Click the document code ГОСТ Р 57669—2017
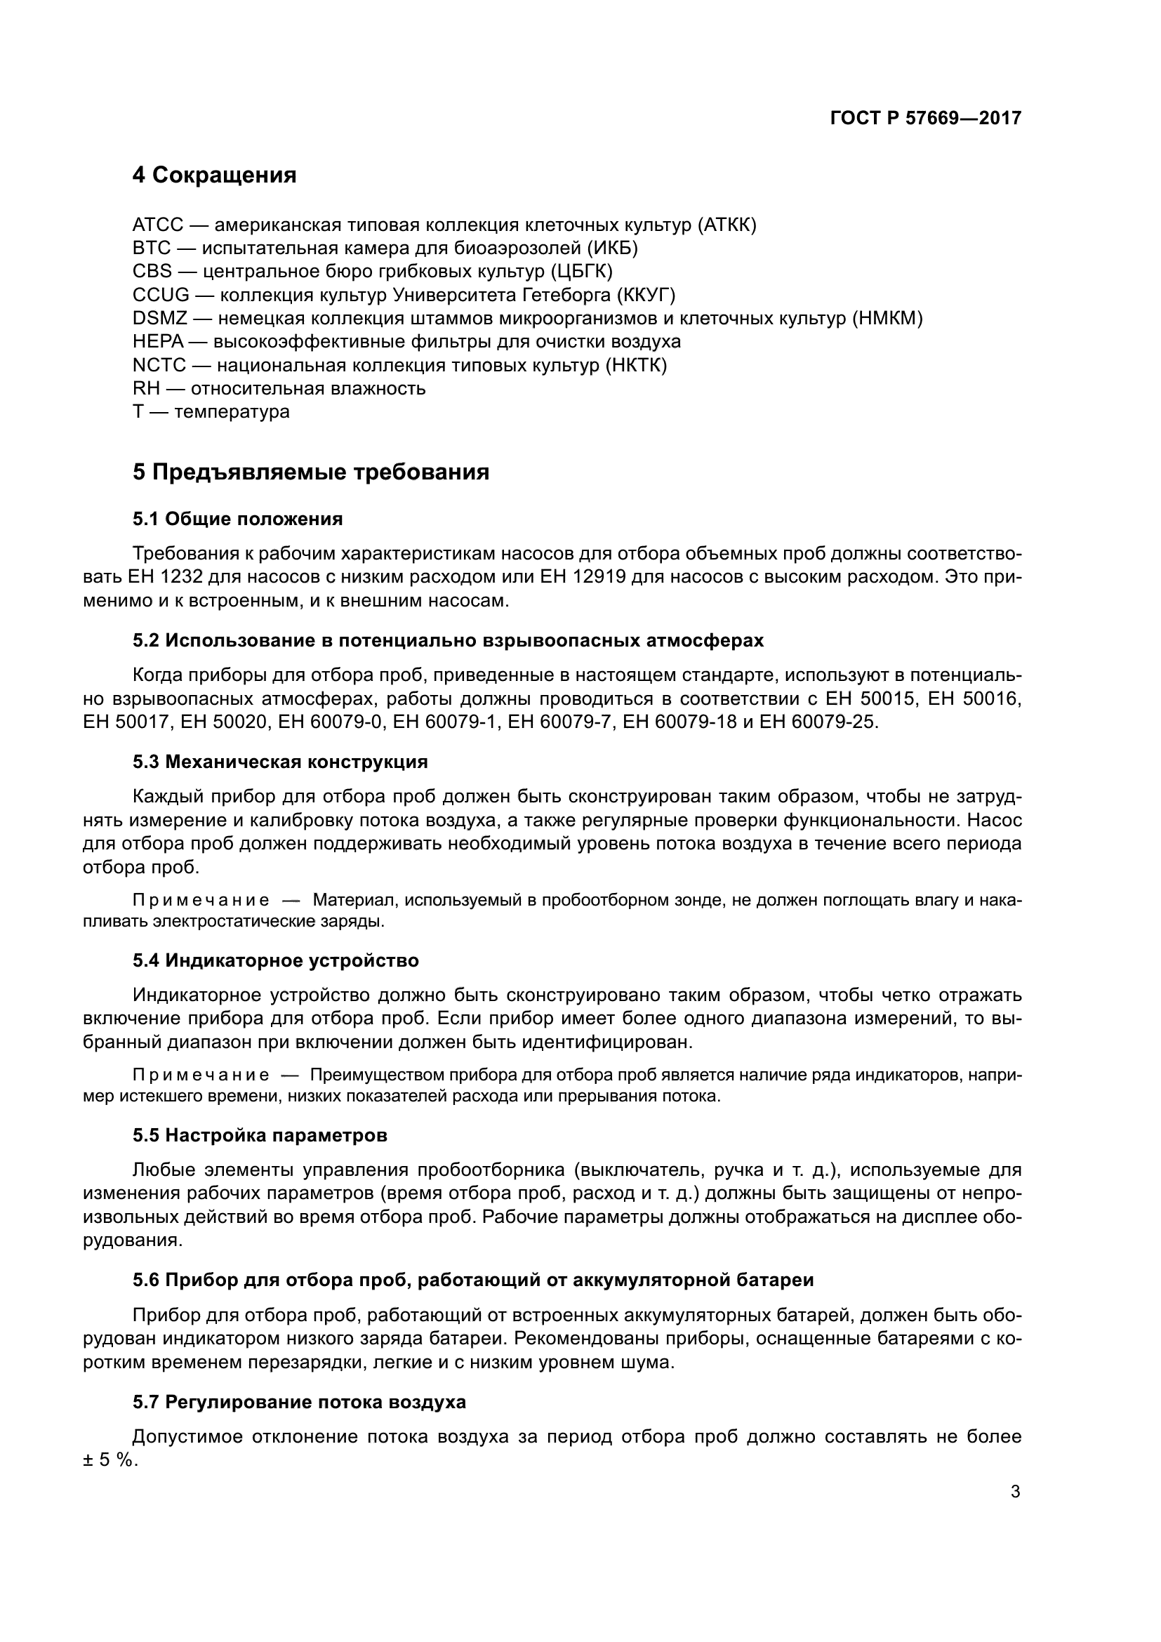click(925, 118)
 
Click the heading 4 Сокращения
click(215, 175)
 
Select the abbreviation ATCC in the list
click(158, 225)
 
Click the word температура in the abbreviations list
click(232, 412)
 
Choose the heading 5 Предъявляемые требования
click(311, 472)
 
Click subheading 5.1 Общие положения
click(237, 519)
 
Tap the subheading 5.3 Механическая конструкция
click(280, 762)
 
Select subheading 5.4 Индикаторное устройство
click(276, 960)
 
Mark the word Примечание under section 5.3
click(201, 901)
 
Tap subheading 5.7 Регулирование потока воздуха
click(299, 1403)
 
